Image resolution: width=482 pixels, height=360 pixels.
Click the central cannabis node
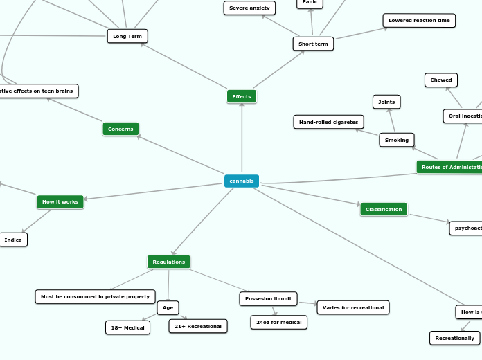[242, 181]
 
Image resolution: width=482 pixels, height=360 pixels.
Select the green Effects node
[242, 96]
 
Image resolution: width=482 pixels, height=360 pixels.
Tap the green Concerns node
[120, 129]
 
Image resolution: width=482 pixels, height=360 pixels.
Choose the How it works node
[60, 201]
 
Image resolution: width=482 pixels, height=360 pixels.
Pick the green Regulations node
[169, 262]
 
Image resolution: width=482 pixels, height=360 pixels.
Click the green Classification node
[384, 209]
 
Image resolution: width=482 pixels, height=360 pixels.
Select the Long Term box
[127, 35]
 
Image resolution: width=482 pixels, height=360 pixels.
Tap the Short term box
[313, 44]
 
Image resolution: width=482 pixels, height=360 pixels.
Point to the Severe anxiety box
[249, 8]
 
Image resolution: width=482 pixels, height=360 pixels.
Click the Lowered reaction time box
[419, 21]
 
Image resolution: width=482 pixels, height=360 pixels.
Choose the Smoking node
[397, 140]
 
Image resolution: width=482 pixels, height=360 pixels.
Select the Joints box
[386, 102]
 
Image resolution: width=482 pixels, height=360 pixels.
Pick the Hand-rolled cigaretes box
[328, 122]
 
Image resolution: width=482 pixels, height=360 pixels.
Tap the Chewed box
[441, 80]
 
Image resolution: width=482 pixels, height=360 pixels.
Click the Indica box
[13, 240]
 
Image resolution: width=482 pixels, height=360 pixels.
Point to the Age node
[168, 307]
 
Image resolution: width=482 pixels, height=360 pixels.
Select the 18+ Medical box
[127, 327]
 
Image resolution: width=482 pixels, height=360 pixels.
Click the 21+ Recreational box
[198, 326]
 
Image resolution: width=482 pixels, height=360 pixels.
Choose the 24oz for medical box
[278, 322]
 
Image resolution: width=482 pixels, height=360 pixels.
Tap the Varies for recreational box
[353, 307]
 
